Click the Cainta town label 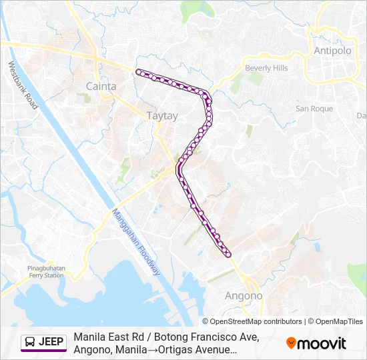coord(101,86)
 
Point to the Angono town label coord(244,295)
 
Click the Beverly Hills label coord(266,69)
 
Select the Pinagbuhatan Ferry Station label coord(46,271)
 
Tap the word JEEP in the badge coord(51,343)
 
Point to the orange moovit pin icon coord(291,343)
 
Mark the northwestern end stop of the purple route coord(138,71)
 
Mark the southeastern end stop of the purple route coord(228,254)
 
